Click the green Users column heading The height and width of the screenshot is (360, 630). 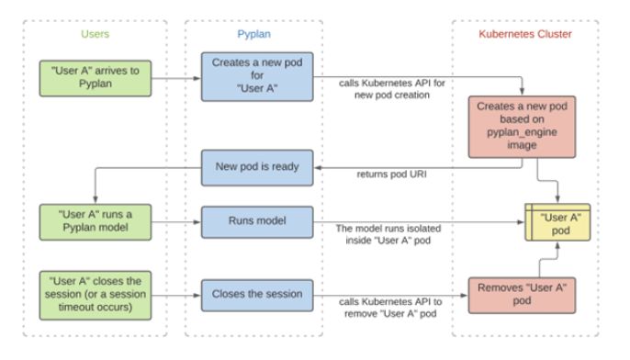94,34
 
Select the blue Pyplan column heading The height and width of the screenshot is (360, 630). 253,34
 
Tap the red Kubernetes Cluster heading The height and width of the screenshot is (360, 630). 525,34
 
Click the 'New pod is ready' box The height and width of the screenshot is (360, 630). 253,166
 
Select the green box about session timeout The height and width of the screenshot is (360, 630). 94,295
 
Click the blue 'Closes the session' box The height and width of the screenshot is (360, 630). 253,295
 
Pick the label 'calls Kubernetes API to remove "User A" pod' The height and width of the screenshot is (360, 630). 388,309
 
